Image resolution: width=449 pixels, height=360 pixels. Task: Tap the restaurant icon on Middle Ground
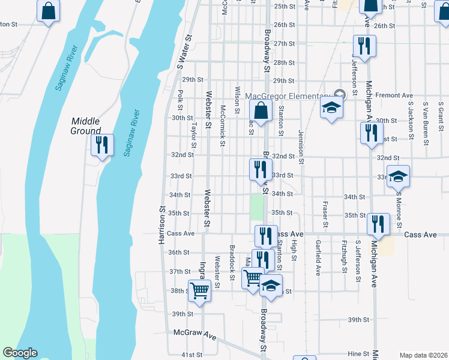[x=101, y=145]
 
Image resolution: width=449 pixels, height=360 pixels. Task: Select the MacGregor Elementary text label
[x=288, y=96]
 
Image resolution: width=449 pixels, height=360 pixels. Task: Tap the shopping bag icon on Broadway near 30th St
[x=261, y=111]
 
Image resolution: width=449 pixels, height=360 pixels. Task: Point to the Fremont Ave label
[x=394, y=95]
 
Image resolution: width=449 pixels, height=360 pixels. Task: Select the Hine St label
[x=358, y=354]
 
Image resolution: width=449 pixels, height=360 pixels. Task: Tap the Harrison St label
[x=161, y=225]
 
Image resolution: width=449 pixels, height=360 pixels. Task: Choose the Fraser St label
[x=324, y=214]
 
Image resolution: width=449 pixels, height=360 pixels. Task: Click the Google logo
[x=20, y=353]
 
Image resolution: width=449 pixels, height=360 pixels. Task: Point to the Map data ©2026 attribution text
[x=423, y=355]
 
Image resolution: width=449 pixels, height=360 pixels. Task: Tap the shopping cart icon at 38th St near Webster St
[x=200, y=290]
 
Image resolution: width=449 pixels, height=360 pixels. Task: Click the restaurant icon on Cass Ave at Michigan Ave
[x=378, y=224]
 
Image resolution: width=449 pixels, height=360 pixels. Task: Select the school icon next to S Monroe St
[x=398, y=176]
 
